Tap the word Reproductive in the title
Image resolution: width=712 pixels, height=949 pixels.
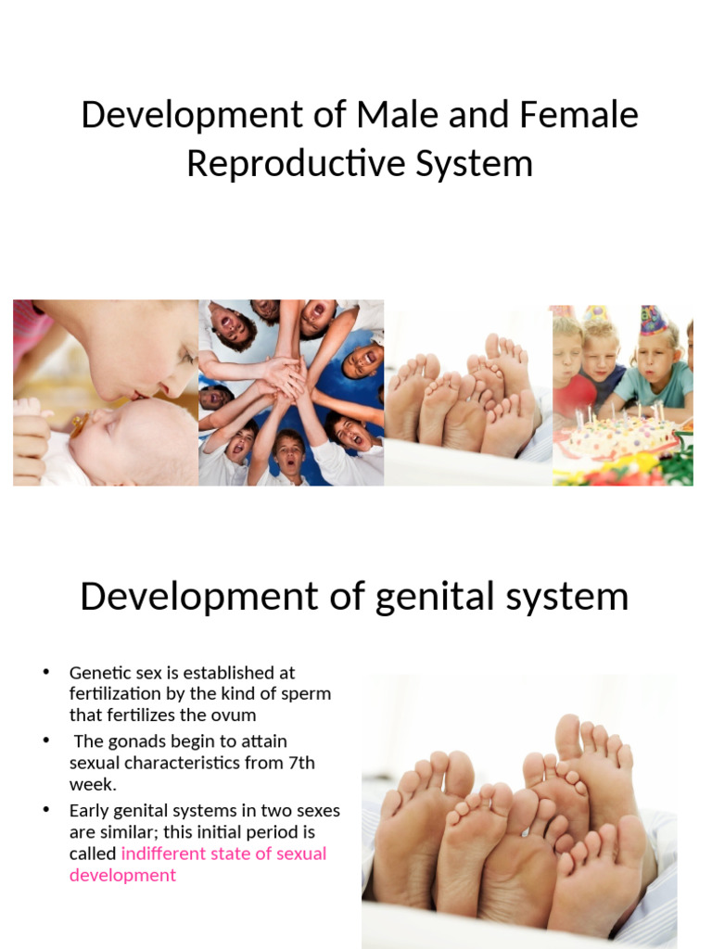pos(293,163)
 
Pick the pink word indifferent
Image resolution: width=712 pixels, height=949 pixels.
pos(167,853)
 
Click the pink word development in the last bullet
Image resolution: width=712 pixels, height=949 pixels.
pos(122,875)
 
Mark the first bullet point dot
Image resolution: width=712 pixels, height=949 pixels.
pos(46,672)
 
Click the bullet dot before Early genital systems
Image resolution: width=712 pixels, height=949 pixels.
pos(46,809)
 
